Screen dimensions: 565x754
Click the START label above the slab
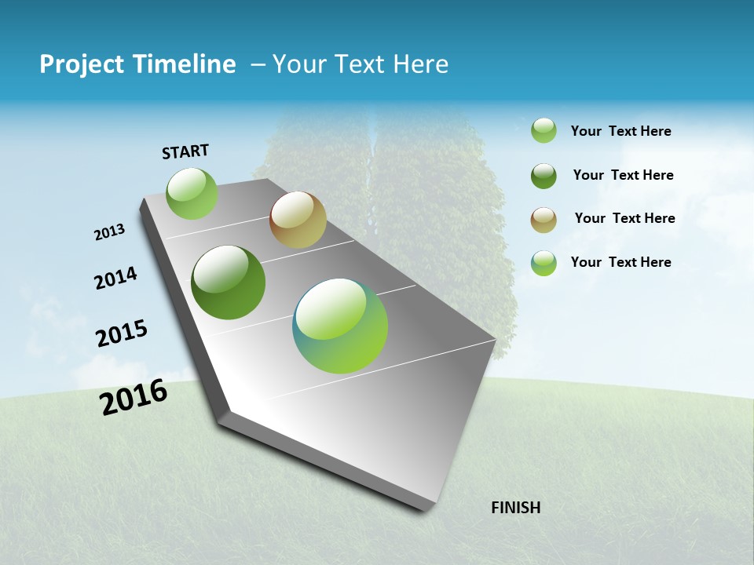[x=185, y=151]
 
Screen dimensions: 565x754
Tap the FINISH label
[x=515, y=508]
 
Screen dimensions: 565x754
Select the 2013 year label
[x=109, y=232]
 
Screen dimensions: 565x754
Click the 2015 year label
[x=122, y=334]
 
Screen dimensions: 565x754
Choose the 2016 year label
[x=134, y=397]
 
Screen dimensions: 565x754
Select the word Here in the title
[x=420, y=64]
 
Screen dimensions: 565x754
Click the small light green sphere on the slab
[x=192, y=194]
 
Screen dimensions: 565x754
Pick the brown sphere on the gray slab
[x=298, y=220]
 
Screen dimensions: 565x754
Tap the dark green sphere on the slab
[x=228, y=282]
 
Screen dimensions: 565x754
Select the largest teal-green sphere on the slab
[x=340, y=326]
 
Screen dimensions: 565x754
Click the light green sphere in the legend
[x=544, y=131]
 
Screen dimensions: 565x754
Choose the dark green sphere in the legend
[x=544, y=175]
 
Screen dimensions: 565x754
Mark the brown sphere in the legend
[x=544, y=219]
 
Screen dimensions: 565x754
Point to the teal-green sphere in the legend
[x=544, y=263]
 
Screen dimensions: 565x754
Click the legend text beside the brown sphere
[x=624, y=218]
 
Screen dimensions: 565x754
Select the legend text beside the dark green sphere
[x=623, y=175]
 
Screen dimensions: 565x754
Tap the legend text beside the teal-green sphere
[x=620, y=262]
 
